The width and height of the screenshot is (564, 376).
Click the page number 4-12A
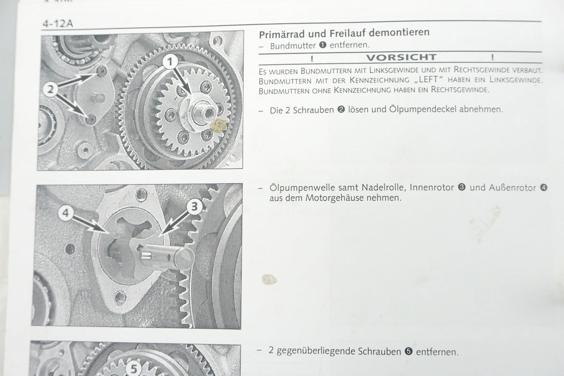coord(58,23)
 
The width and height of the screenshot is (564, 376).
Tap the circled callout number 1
coord(170,62)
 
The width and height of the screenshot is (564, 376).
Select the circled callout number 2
coord(51,89)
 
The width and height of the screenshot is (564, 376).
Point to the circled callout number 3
coord(195,207)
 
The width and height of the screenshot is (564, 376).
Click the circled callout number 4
coord(66,213)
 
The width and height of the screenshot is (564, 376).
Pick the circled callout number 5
coord(133,368)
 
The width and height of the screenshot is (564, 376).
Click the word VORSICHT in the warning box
coord(401,57)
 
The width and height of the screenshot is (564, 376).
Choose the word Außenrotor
coord(512,188)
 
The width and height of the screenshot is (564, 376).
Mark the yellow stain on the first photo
coord(219,125)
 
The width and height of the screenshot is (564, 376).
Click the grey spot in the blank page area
coord(269,279)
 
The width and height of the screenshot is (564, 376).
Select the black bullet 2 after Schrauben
coord(341,110)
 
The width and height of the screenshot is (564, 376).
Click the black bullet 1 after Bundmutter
coord(322,45)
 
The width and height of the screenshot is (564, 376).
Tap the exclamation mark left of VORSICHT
coord(312,59)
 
